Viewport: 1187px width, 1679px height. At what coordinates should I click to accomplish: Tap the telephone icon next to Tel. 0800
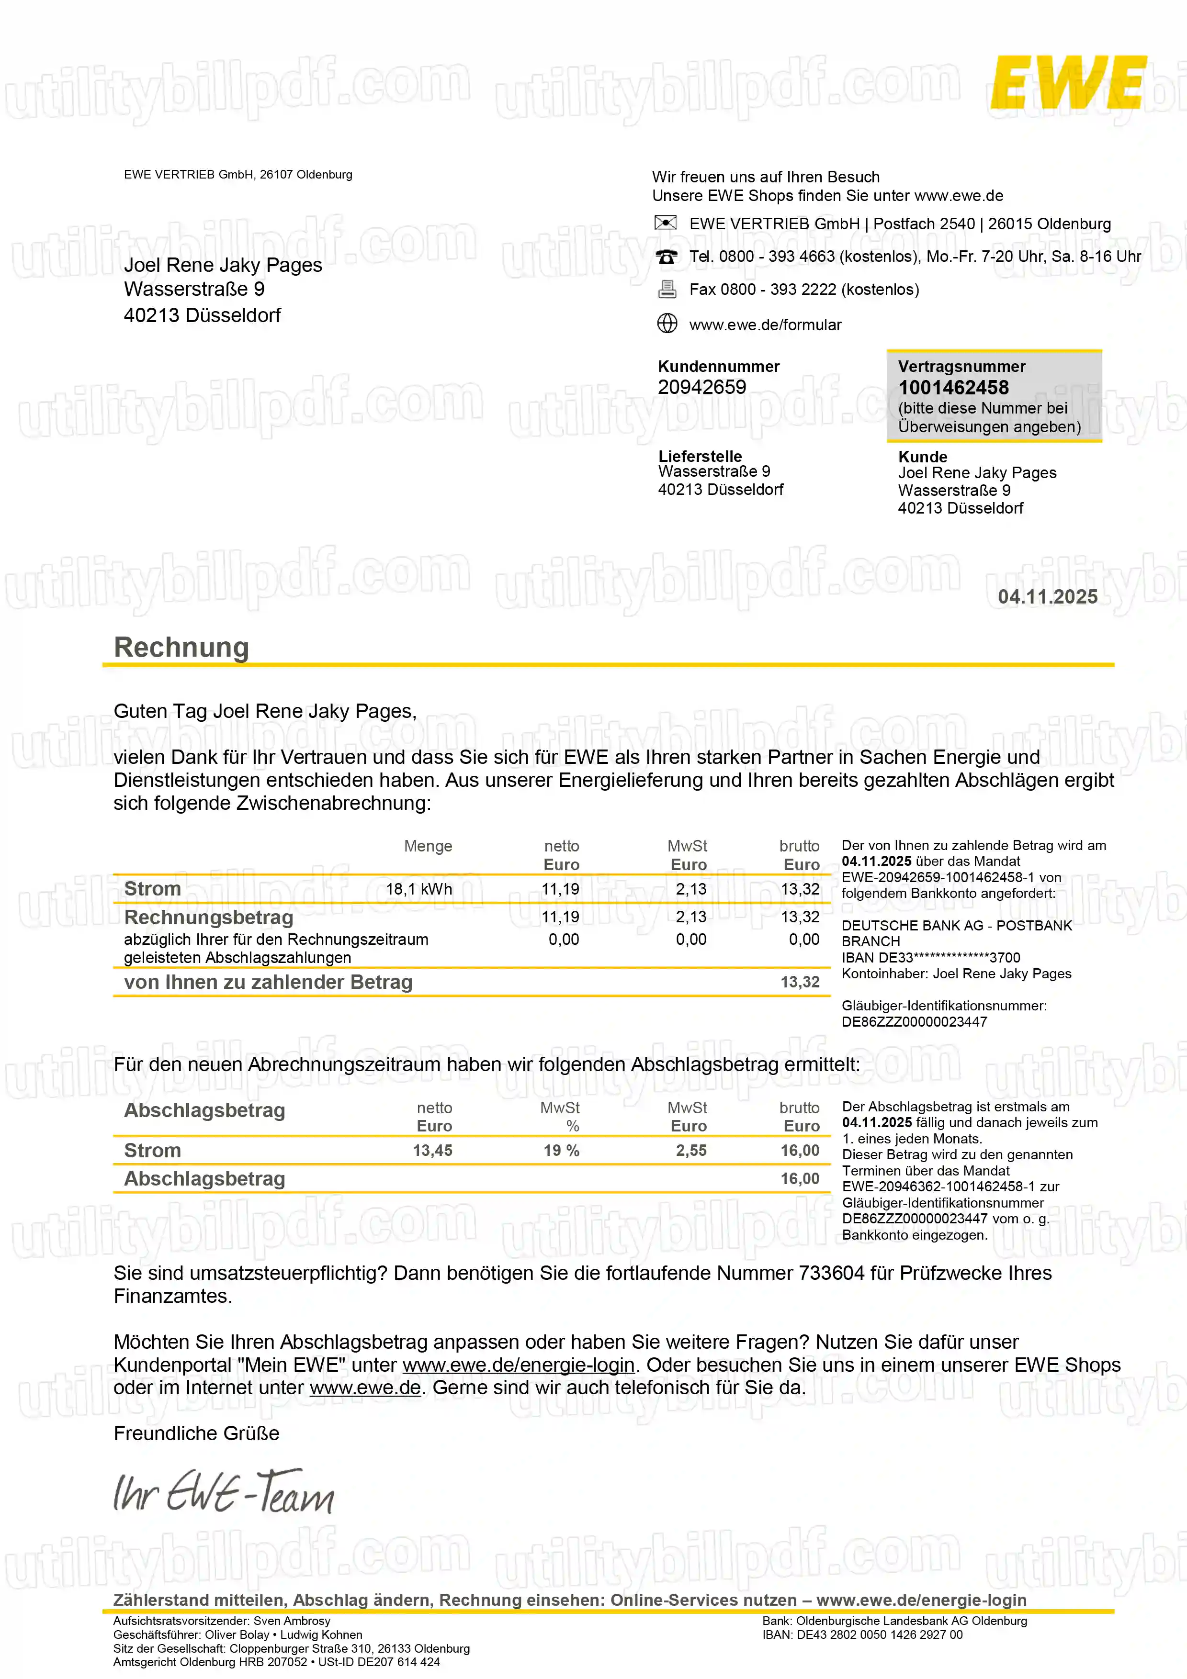coord(666,257)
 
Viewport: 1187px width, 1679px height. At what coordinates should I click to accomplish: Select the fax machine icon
coord(666,290)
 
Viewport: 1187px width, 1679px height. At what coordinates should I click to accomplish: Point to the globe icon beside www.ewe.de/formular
coord(666,323)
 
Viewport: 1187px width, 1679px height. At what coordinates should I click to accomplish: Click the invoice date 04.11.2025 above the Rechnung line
coord(1047,597)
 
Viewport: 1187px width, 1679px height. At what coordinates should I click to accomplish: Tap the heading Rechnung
coord(181,647)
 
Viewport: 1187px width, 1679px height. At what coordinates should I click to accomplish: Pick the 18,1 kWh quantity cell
coord(418,889)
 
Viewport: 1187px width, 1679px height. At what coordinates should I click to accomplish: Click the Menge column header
coord(428,846)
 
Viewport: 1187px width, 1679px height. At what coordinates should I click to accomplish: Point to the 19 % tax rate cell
coord(561,1150)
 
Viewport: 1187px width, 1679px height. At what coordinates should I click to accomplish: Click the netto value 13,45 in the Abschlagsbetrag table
coord(432,1150)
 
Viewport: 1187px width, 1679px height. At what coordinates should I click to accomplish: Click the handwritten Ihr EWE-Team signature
coord(223,1492)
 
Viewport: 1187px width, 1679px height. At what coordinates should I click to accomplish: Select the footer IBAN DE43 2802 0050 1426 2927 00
coord(862,1634)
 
